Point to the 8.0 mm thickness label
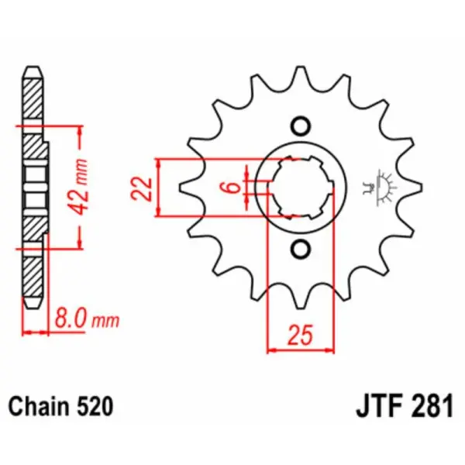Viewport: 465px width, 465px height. [85, 319]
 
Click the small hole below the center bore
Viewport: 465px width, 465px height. [300, 249]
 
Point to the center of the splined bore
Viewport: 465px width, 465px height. [300, 188]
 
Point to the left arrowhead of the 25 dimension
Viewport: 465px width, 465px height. [272, 350]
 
